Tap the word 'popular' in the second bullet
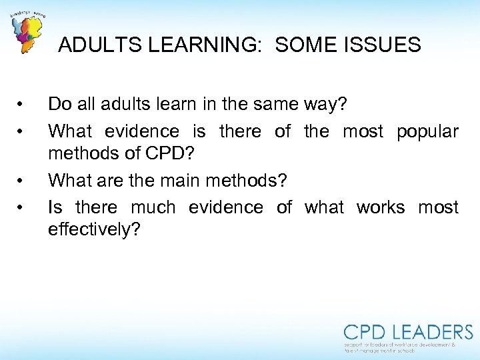tap(427, 131)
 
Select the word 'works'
tap(380, 207)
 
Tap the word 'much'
tap(153, 207)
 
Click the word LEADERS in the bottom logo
tap(433, 332)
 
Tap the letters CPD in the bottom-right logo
tap(366, 332)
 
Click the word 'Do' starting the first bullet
tap(59, 104)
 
